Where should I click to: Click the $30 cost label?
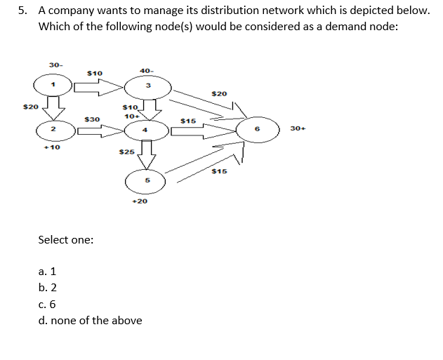91,119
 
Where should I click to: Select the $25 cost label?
126,152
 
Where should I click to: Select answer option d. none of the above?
91,321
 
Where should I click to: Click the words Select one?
66,239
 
